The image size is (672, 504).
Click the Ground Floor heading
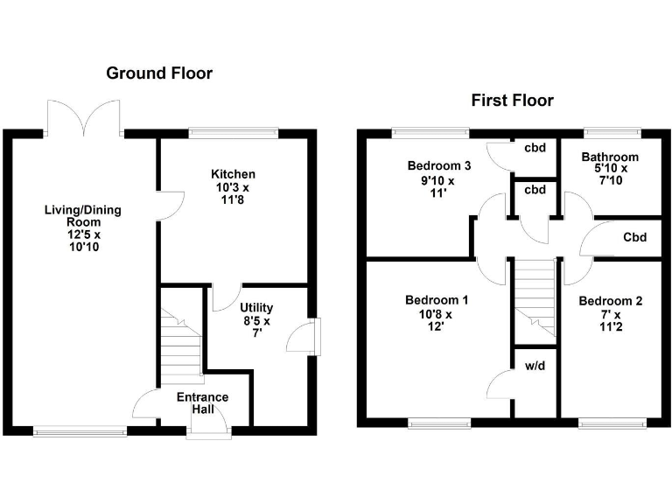pos(158,73)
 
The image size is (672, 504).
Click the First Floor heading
pos(512,101)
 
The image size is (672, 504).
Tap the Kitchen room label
pos(234,174)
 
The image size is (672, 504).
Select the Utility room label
pos(256,308)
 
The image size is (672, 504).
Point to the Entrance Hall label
pos(202,404)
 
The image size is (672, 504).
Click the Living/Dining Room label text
pos(84,216)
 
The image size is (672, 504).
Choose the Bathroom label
pos(610,157)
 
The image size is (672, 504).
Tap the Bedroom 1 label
pos(436,301)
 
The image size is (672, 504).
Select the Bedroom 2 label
pos(610,302)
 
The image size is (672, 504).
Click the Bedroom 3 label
pos(439,166)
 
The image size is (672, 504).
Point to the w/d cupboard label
pos(534,366)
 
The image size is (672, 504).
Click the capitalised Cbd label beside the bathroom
pos(634,237)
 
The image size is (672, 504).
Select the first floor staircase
pos(535,297)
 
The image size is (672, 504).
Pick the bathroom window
pos(610,133)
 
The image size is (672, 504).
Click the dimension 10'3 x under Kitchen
pos(234,187)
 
